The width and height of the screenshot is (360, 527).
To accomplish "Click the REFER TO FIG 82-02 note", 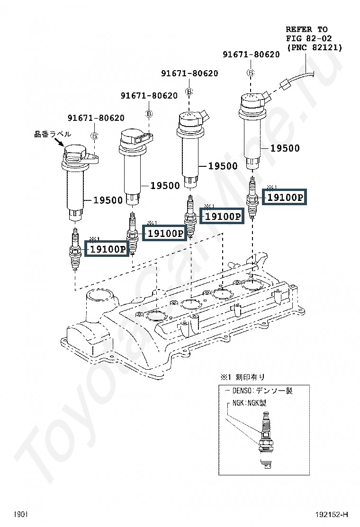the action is click(314, 38).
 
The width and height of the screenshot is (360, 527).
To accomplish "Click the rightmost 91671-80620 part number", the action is click(251, 55).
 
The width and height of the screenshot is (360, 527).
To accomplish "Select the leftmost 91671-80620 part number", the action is click(96, 118).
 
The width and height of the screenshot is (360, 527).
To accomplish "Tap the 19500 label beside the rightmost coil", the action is click(285, 148).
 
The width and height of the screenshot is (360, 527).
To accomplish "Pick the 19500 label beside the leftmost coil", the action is click(108, 200).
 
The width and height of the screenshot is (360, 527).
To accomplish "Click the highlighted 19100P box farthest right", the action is click(284, 197).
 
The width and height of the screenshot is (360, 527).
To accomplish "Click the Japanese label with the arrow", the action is click(53, 134).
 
